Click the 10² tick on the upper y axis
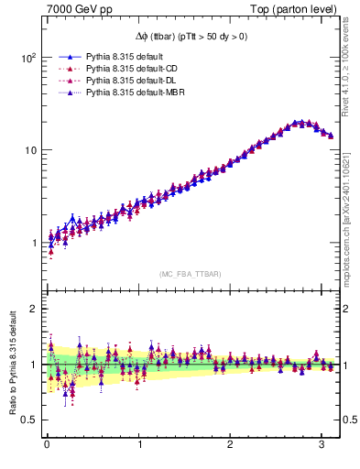coord(27,57)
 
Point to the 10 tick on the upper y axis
coord(28,150)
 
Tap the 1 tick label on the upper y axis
coord(32,244)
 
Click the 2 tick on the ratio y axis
coord(32,309)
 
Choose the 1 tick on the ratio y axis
coord(32,365)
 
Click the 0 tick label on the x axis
coord(47,449)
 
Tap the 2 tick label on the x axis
coord(231,449)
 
